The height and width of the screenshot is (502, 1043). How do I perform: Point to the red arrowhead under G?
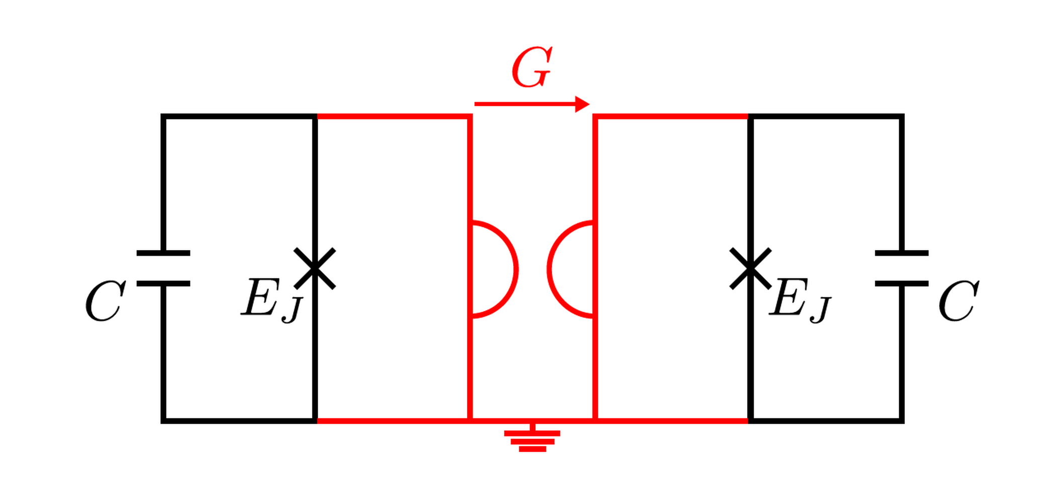coord(583,104)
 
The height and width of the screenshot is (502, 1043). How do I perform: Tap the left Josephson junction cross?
coord(315,269)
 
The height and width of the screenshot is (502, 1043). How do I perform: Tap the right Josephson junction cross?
coord(750,269)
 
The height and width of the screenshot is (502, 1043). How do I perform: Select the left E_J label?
coord(272,300)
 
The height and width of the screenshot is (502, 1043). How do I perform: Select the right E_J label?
coord(800,300)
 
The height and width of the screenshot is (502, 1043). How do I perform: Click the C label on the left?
coord(105,301)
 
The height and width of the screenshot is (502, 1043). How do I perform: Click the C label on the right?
coord(959,301)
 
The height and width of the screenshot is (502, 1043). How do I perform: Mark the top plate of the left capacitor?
coord(163,253)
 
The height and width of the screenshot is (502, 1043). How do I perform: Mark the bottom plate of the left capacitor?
coord(163,284)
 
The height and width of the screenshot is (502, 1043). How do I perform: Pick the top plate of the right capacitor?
coord(902,253)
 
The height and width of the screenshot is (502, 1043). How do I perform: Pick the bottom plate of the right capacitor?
coord(902,284)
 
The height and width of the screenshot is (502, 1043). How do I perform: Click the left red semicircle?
coord(495,269)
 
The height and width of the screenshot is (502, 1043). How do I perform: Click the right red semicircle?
coord(571,269)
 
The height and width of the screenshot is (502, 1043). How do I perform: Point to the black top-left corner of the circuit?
coord(163,116)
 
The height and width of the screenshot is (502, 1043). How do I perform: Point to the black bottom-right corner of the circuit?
coord(902,421)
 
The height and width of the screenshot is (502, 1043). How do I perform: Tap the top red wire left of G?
coord(394,116)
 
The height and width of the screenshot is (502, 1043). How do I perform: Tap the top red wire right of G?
coord(672,116)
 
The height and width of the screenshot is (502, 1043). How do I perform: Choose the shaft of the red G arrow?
coord(525,104)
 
